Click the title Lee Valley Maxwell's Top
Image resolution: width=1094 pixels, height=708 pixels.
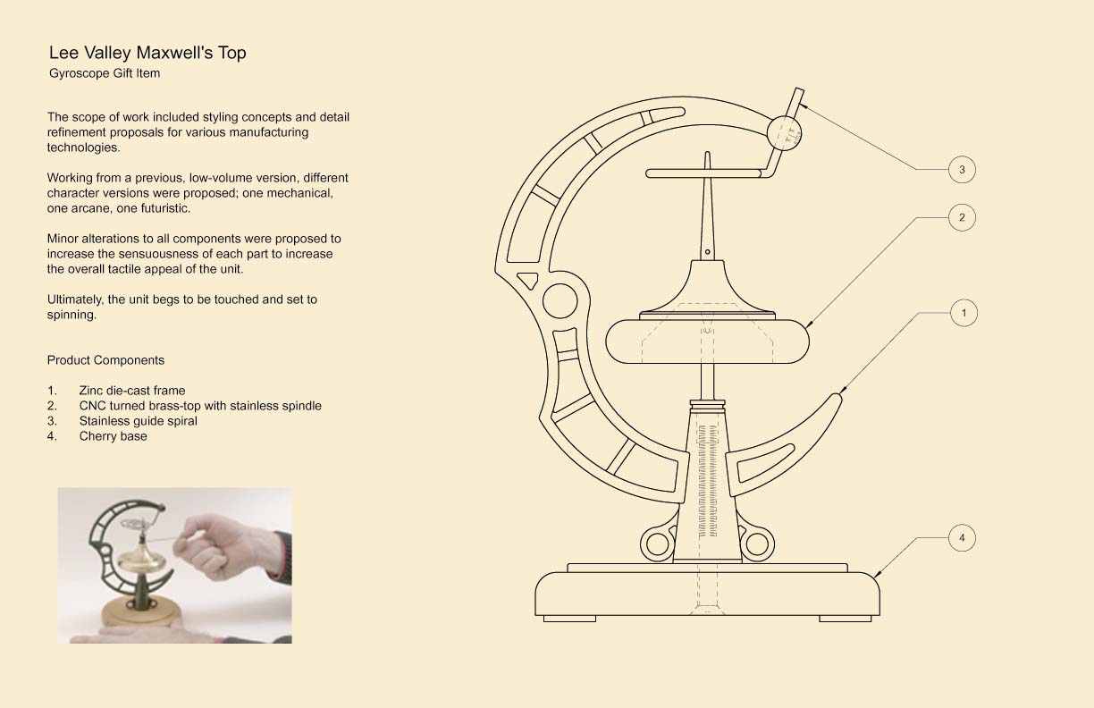(147, 53)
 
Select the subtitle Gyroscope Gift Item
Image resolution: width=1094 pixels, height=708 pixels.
(105, 73)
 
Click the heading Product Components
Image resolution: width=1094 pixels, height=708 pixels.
(105, 360)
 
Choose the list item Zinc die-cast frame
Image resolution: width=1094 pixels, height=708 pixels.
(132, 391)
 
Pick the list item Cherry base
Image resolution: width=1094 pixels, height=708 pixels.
(113, 436)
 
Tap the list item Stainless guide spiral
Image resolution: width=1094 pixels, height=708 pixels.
(139, 421)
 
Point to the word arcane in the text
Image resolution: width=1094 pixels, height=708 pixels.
(81, 208)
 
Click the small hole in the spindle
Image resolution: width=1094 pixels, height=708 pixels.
(707, 252)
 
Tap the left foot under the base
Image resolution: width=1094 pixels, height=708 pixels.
(569, 619)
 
